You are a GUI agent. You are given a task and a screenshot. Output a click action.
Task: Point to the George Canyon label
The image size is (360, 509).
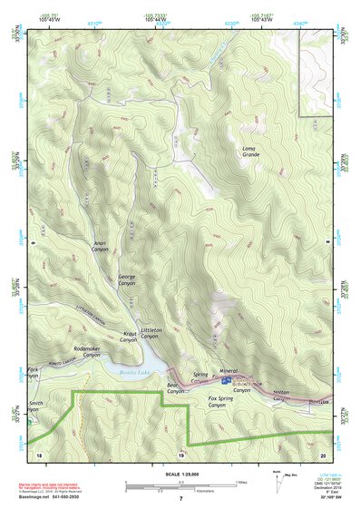click(x=127, y=279)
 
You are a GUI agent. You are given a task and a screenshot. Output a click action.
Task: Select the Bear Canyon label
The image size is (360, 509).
click(x=175, y=387)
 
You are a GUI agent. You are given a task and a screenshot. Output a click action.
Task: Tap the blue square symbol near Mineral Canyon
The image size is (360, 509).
click(x=226, y=382)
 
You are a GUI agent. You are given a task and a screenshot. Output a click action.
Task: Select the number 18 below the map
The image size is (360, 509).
click(x=38, y=454)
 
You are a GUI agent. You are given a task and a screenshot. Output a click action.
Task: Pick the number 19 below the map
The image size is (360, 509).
click(x=180, y=454)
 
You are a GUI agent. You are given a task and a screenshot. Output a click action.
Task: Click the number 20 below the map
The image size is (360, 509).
click(x=323, y=454)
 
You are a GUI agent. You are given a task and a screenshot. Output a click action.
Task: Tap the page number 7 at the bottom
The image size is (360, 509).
click(x=180, y=499)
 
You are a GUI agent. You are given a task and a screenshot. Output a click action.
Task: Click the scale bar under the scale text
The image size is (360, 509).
click(x=180, y=485)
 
